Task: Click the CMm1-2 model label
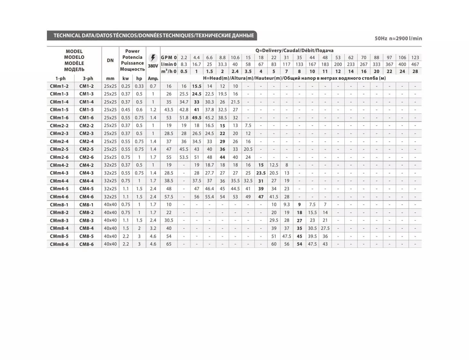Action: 59,86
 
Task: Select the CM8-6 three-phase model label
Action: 86,244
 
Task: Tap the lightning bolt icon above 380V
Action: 153,58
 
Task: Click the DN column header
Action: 110,60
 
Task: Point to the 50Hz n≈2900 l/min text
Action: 398,38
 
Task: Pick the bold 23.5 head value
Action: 261,173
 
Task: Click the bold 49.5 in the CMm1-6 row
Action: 197,118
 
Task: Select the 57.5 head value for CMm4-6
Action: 169,197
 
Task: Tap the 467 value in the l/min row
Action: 415,64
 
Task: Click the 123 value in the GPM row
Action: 415,58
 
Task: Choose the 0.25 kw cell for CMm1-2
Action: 126,86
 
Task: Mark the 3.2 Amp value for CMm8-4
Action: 153,228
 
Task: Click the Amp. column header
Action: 153,78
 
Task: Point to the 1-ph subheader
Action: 60,78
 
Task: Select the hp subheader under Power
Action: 139,78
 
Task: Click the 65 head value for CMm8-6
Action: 169,244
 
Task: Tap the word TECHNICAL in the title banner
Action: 67,35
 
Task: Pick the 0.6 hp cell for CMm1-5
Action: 139,110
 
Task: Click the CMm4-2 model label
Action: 59,165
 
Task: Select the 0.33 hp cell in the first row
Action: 139,86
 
